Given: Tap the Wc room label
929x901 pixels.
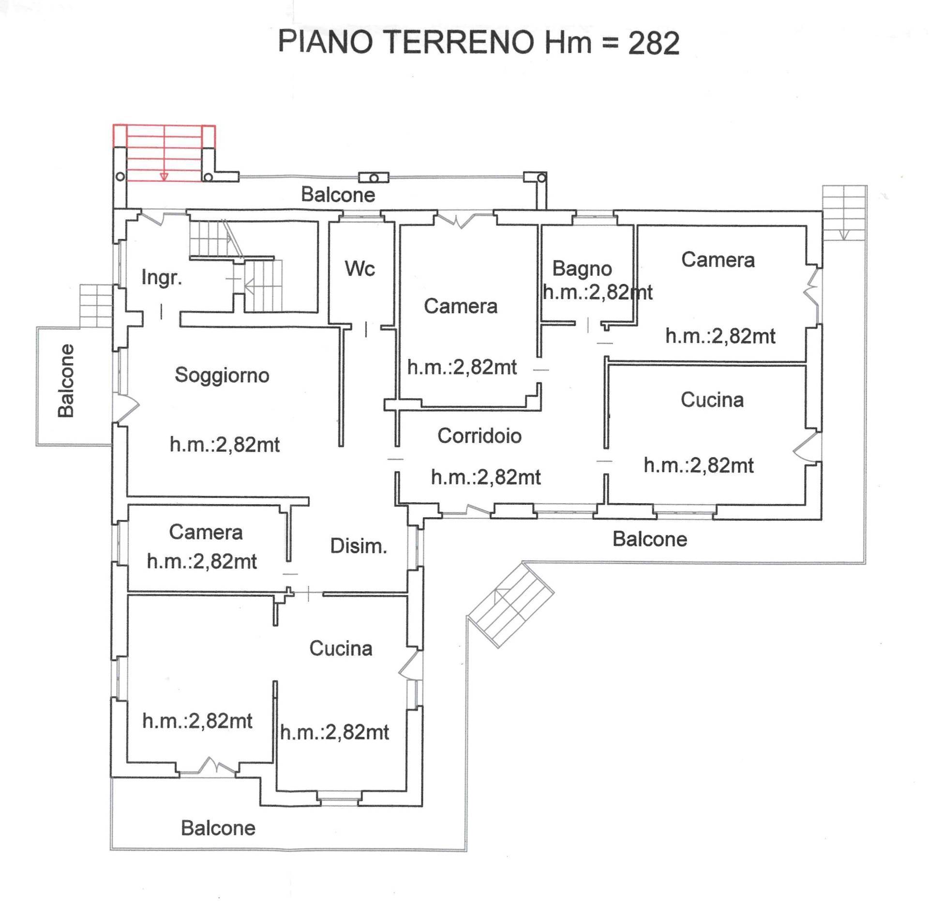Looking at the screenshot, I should [360, 269].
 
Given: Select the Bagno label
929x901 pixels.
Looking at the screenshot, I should [582, 269].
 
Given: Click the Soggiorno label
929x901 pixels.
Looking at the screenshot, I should [222, 375].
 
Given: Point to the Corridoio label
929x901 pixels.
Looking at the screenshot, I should [479, 436].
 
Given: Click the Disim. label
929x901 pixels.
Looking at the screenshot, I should [358, 546].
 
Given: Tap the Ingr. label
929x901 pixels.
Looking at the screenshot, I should [162, 278].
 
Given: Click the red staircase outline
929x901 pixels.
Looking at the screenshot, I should [164, 153].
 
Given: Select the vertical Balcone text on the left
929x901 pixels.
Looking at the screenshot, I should [66, 381].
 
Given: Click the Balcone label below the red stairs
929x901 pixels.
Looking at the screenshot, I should [338, 195].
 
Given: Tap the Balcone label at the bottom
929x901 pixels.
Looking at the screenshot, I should [218, 828].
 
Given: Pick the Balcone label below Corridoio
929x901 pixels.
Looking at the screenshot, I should [649, 539].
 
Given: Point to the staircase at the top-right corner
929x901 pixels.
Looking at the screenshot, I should [844, 213].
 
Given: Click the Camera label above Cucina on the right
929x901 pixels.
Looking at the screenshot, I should [718, 260].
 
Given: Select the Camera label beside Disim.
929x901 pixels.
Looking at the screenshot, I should [206, 532].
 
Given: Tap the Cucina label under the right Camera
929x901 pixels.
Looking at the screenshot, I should [712, 400].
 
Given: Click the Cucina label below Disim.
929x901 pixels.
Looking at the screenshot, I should [341, 649].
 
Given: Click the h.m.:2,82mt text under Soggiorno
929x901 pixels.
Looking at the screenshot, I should [225, 445].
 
